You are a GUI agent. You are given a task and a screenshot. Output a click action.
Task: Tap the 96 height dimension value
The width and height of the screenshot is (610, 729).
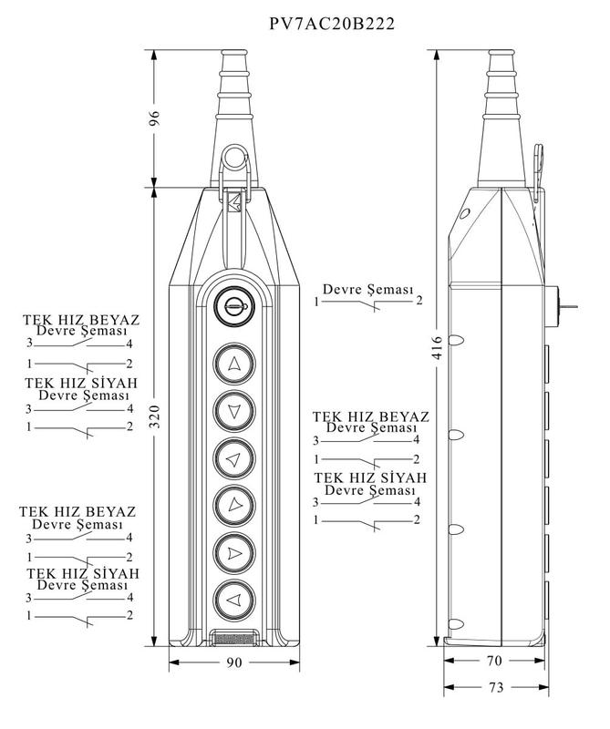coord(155,118)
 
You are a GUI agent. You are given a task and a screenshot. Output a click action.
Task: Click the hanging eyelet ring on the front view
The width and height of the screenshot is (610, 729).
coord(233,163)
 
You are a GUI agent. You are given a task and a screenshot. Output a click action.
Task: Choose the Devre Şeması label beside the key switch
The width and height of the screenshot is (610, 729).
coord(370,288)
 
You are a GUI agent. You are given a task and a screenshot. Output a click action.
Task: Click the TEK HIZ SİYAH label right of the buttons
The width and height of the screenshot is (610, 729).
coord(371,478)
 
